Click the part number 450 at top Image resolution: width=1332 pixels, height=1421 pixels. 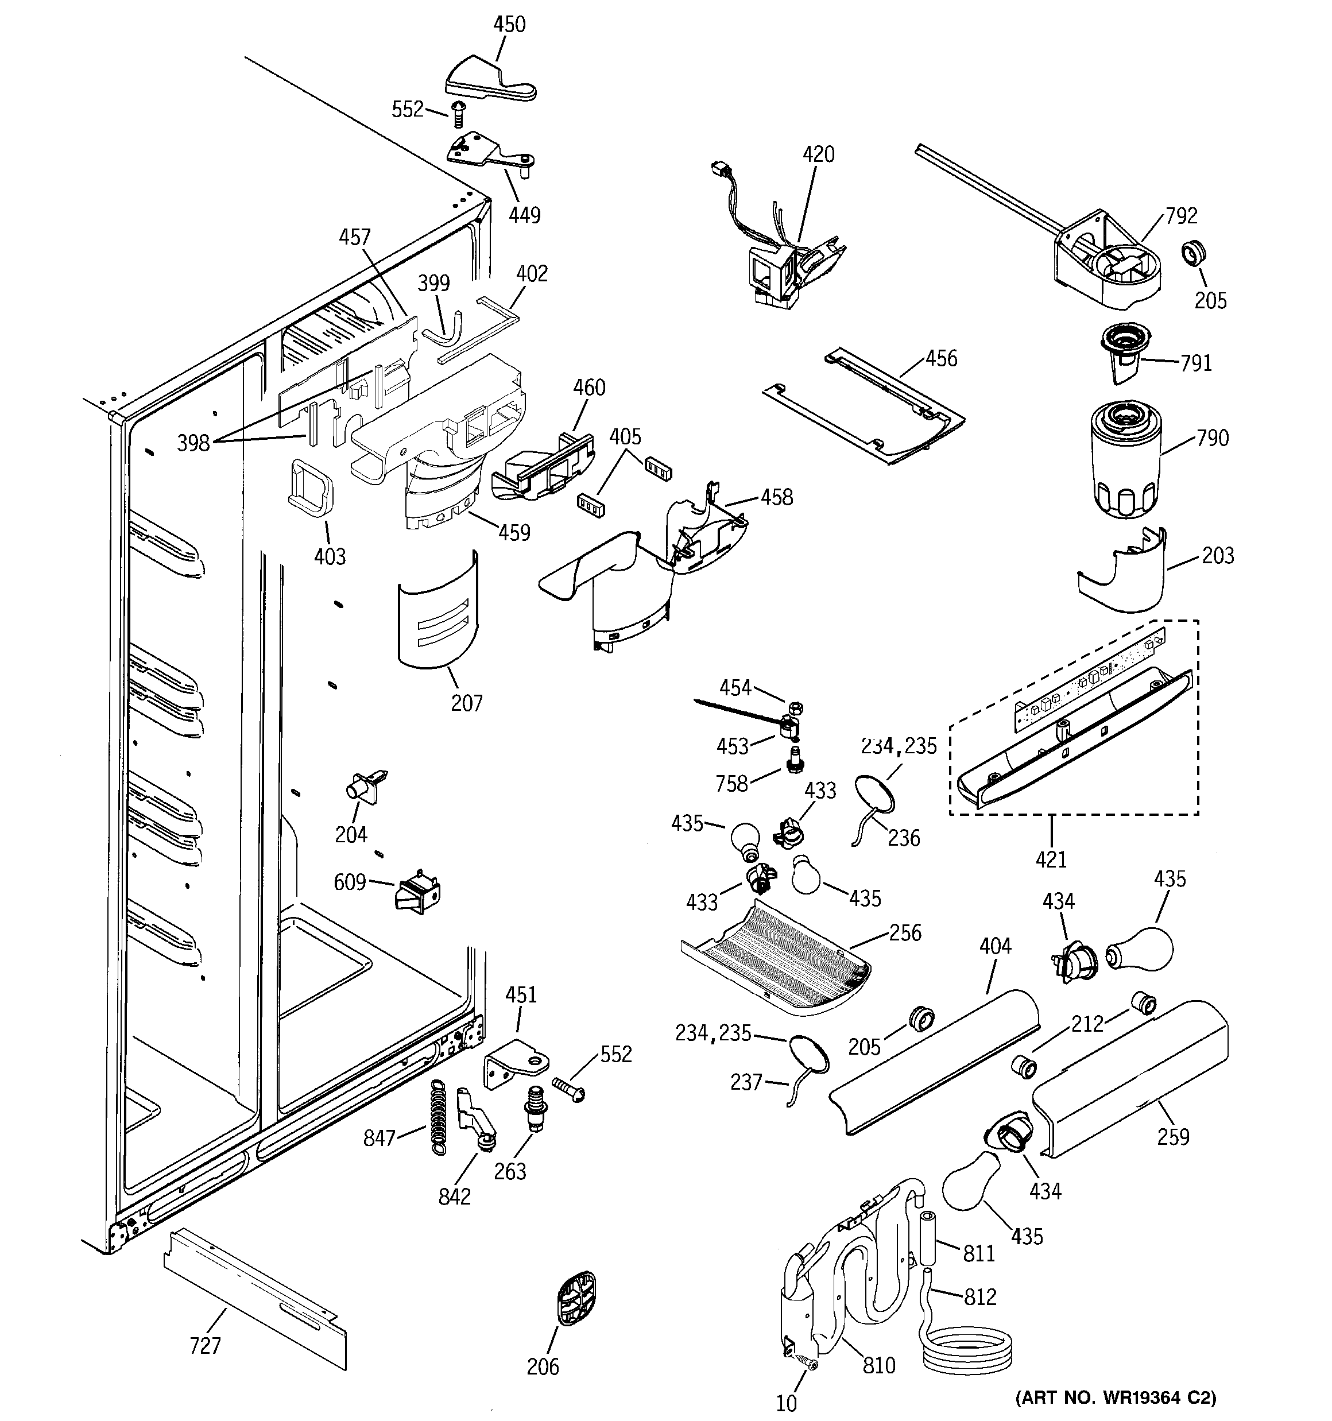point(509,24)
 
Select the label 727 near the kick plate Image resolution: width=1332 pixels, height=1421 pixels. point(205,1346)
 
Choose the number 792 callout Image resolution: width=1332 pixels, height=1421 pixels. point(1181,216)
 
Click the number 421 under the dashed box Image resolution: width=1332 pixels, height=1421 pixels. point(1051,859)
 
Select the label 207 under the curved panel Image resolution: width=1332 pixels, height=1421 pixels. point(466,703)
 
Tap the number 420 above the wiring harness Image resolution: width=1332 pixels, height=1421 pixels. point(818,154)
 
